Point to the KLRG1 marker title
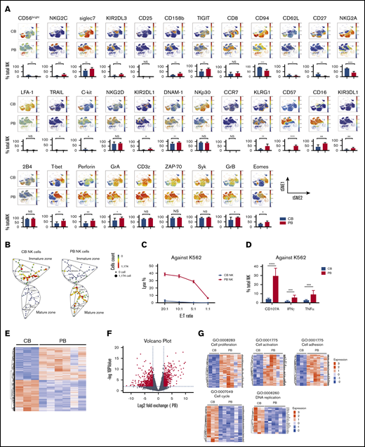[262, 91]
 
